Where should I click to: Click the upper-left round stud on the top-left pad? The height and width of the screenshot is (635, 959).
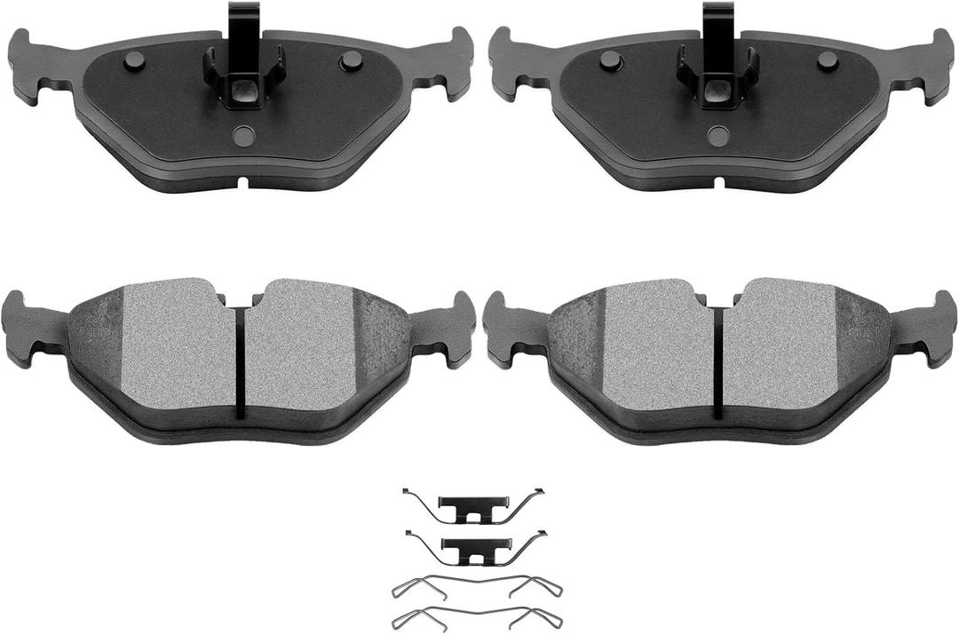[x=134, y=60]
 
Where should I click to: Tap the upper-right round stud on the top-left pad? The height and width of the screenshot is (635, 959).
[x=352, y=60]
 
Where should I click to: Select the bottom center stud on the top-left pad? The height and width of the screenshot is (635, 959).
[x=243, y=136]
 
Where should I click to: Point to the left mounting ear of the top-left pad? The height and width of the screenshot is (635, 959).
[x=30, y=66]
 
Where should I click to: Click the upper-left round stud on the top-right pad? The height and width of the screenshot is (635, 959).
[x=610, y=60]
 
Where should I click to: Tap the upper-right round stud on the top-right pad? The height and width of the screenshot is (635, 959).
[x=828, y=60]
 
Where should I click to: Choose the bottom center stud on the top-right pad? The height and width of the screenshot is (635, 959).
[x=718, y=136]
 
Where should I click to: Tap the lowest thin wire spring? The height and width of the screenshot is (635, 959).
[x=476, y=615]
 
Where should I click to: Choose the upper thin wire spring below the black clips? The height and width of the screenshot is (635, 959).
[x=476, y=584]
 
